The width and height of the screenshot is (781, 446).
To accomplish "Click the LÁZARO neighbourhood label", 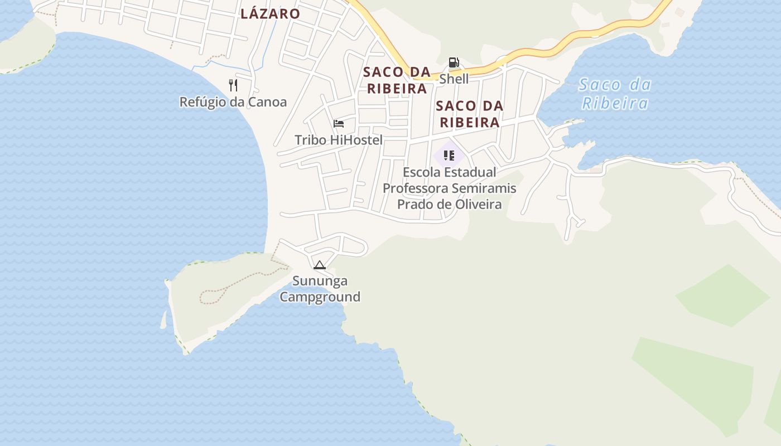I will [270, 14].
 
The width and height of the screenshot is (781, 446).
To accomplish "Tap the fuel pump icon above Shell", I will [454, 62].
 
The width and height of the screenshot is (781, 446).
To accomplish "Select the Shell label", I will [454, 79].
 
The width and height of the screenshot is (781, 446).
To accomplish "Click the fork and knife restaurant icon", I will [233, 85].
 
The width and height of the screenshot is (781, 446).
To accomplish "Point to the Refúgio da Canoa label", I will [233, 102].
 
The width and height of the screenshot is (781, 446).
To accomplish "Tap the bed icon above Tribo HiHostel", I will [339, 124].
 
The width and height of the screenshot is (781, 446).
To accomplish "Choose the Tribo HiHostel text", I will [339, 140].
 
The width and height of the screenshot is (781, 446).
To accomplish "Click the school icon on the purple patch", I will [449, 156].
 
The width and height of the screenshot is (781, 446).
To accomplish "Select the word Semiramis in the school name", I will [484, 188].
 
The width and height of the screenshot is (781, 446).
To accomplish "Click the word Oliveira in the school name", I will [478, 204].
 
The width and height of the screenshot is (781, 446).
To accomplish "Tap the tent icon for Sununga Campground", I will [320, 265].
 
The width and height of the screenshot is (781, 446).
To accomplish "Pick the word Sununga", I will [320, 280].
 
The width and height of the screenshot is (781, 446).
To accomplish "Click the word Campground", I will [320, 297].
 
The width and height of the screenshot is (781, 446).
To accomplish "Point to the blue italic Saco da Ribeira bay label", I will [615, 94].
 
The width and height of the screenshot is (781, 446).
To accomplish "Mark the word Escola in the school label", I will [423, 172].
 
